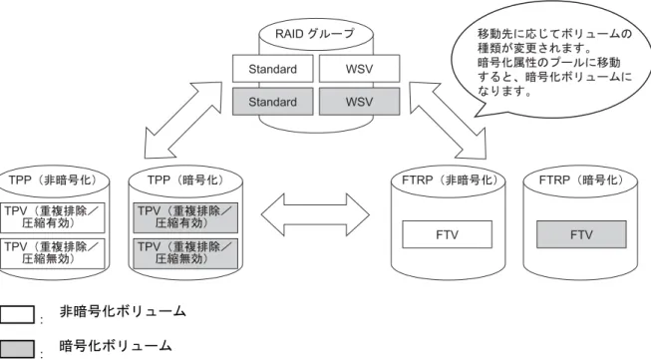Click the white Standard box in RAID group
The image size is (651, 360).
coord(273,69)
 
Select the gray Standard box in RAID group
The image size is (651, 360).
coord(273,102)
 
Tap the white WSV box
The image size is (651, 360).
coord(359,69)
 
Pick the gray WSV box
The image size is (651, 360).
coord(359,102)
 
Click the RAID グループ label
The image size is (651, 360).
coord(315,33)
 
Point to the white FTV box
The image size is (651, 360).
coord(448,234)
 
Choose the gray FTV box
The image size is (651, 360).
coord(581,234)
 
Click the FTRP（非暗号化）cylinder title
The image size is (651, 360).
coord(450,180)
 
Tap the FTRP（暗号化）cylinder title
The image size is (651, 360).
coord(581,180)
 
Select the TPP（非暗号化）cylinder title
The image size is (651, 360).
coord(53,180)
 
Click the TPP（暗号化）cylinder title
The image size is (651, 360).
coord(185,180)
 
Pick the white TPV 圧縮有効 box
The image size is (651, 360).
coord(52,217)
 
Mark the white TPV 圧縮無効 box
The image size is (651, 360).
coord(52,253)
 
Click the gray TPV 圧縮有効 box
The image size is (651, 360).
coord(185,217)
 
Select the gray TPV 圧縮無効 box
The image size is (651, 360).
coord(185,253)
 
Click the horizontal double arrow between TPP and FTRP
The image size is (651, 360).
coord(315,215)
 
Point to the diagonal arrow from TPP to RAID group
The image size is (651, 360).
coord(183,120)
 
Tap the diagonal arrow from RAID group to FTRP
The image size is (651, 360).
coord(448,121)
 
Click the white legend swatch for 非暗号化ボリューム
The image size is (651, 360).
coord(17,314)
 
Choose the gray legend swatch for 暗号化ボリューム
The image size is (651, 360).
coord(17,349)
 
